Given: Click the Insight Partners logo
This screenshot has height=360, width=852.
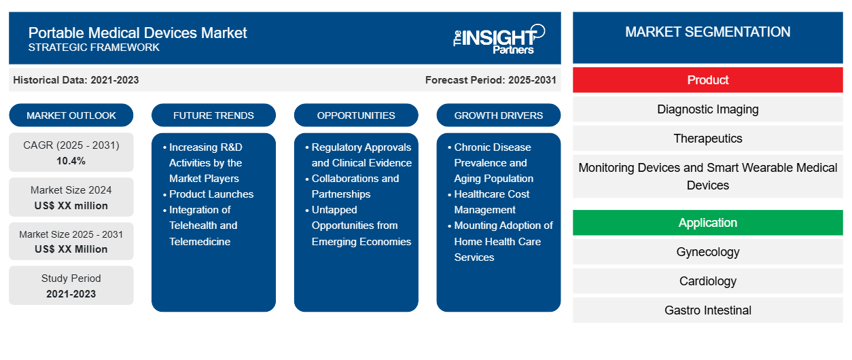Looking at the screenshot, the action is [x=499, y=39].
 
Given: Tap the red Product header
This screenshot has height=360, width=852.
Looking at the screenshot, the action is [x=707, y=80].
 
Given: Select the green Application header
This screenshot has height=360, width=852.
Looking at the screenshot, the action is [x=707, y=222].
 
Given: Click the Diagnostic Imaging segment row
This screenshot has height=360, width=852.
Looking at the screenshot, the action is [x=707, y=109].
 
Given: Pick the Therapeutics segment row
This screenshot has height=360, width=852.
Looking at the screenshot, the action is [x=707, y=139].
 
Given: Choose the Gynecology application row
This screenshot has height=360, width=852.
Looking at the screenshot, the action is [x=707, y=251].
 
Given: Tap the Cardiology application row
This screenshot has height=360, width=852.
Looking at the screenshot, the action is [x=707, y=281].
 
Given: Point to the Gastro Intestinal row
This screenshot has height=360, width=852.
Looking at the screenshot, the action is [x=707, y=310].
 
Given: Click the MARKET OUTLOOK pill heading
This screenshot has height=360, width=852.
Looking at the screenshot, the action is [x=71, y=115].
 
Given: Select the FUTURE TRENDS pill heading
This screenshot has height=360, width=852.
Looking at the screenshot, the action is [x=213, y=115].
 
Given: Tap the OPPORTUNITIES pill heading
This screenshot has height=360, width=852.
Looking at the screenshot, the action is [x=356, y=115].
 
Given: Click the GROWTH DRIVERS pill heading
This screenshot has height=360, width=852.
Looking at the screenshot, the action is [x=498, y=115].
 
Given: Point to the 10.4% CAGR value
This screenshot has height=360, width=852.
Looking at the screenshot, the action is [x=71, y=161].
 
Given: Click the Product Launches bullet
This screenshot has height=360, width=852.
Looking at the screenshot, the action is [x=211, y=194].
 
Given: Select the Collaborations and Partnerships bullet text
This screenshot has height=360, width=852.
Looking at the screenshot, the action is [x=355, y=186].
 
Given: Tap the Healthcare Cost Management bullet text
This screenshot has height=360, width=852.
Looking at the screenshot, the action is [x=491, y=202].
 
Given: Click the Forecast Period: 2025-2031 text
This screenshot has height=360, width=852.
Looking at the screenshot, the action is [x=491, y=80].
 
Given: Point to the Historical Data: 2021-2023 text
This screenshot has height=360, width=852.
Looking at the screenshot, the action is [x=76, y=80].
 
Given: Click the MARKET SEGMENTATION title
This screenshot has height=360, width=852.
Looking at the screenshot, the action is [x=707, y=32].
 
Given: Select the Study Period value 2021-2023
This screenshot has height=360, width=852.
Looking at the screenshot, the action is [x=71, y=294].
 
